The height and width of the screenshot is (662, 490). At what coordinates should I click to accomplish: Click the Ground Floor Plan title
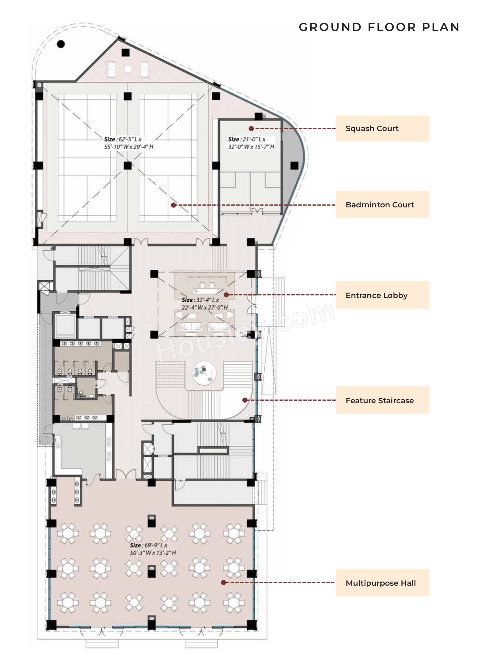coord(379,27)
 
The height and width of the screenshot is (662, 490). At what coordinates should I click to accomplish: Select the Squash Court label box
coord(382,129)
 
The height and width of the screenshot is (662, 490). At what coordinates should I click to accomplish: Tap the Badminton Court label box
coord(382,205)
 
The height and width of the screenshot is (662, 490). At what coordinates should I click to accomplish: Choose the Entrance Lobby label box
coord(382,295)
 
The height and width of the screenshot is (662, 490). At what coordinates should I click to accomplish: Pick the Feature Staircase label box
coord(382,400)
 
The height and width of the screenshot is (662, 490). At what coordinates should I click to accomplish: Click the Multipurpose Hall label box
coord(382,583)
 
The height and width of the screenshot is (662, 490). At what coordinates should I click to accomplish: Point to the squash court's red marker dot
coord(251,129)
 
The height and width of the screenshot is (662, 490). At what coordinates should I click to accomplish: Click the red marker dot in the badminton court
coord(174,205)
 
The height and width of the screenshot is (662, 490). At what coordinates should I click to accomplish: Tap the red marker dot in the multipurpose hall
coord(224,583)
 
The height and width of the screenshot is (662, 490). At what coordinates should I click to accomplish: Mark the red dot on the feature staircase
coord(245,400)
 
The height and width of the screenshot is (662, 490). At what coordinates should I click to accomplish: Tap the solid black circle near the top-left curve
coord(61,44)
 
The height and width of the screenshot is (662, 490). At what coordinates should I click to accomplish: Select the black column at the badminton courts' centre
coord(128,166)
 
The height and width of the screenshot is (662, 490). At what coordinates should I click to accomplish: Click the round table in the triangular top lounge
coord(128,69)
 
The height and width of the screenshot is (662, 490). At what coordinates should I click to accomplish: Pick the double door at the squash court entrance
coord(257,212)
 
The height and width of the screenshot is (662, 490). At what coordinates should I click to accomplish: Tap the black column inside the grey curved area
coord(294,166)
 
